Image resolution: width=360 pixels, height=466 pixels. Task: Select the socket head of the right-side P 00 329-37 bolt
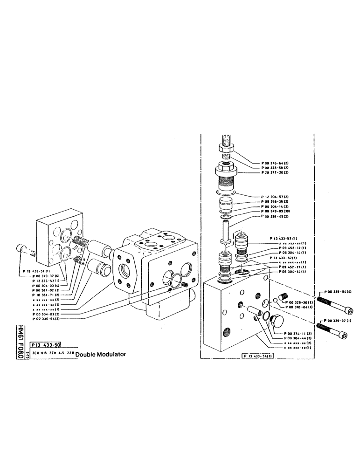(x=344, y=333)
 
